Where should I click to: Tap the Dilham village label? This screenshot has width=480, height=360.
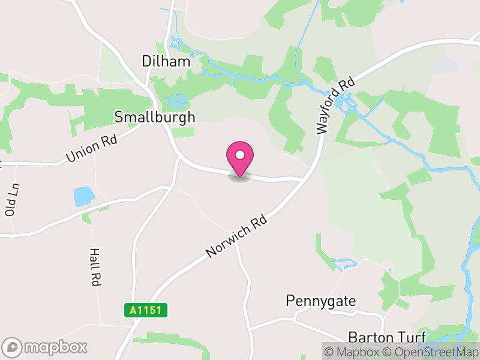click(x=166, y=61)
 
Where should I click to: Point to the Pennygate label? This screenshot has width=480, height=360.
click(x=320, y=300)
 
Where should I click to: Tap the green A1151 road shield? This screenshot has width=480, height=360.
click(x=146, y=310)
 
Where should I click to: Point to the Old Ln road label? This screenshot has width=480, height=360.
click(x=11, y=200)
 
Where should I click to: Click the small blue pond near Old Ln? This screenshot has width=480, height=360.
click(x=83, y=196)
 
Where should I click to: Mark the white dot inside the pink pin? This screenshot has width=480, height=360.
click(x=240, y=154)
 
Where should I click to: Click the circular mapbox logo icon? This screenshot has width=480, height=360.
click(x=12, y=347)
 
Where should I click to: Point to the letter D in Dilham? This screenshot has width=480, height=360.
click(x=146, y=61)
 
